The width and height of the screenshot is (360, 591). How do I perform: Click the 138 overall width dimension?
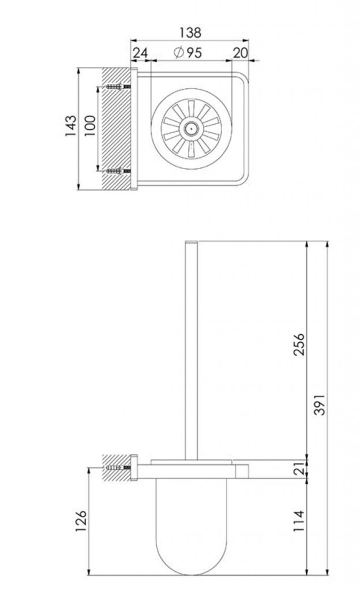click(x=190, y=32)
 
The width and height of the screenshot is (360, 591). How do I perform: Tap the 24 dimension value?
click(x=140, y=53)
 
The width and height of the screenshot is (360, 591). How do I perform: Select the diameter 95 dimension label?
click(x=188, y=53)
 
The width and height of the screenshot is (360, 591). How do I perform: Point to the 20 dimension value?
click(x=240, y=53)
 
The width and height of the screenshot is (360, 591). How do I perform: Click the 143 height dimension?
click(x=71, y=126)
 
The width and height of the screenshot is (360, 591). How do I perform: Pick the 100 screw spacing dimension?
click(x=90, y=126)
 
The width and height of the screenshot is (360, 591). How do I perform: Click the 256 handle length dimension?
click(x=299, y=344)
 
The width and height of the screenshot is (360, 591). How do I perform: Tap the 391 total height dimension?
click(x=320, y=405)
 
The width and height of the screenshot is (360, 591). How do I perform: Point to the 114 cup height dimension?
click(x=299, y=521)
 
